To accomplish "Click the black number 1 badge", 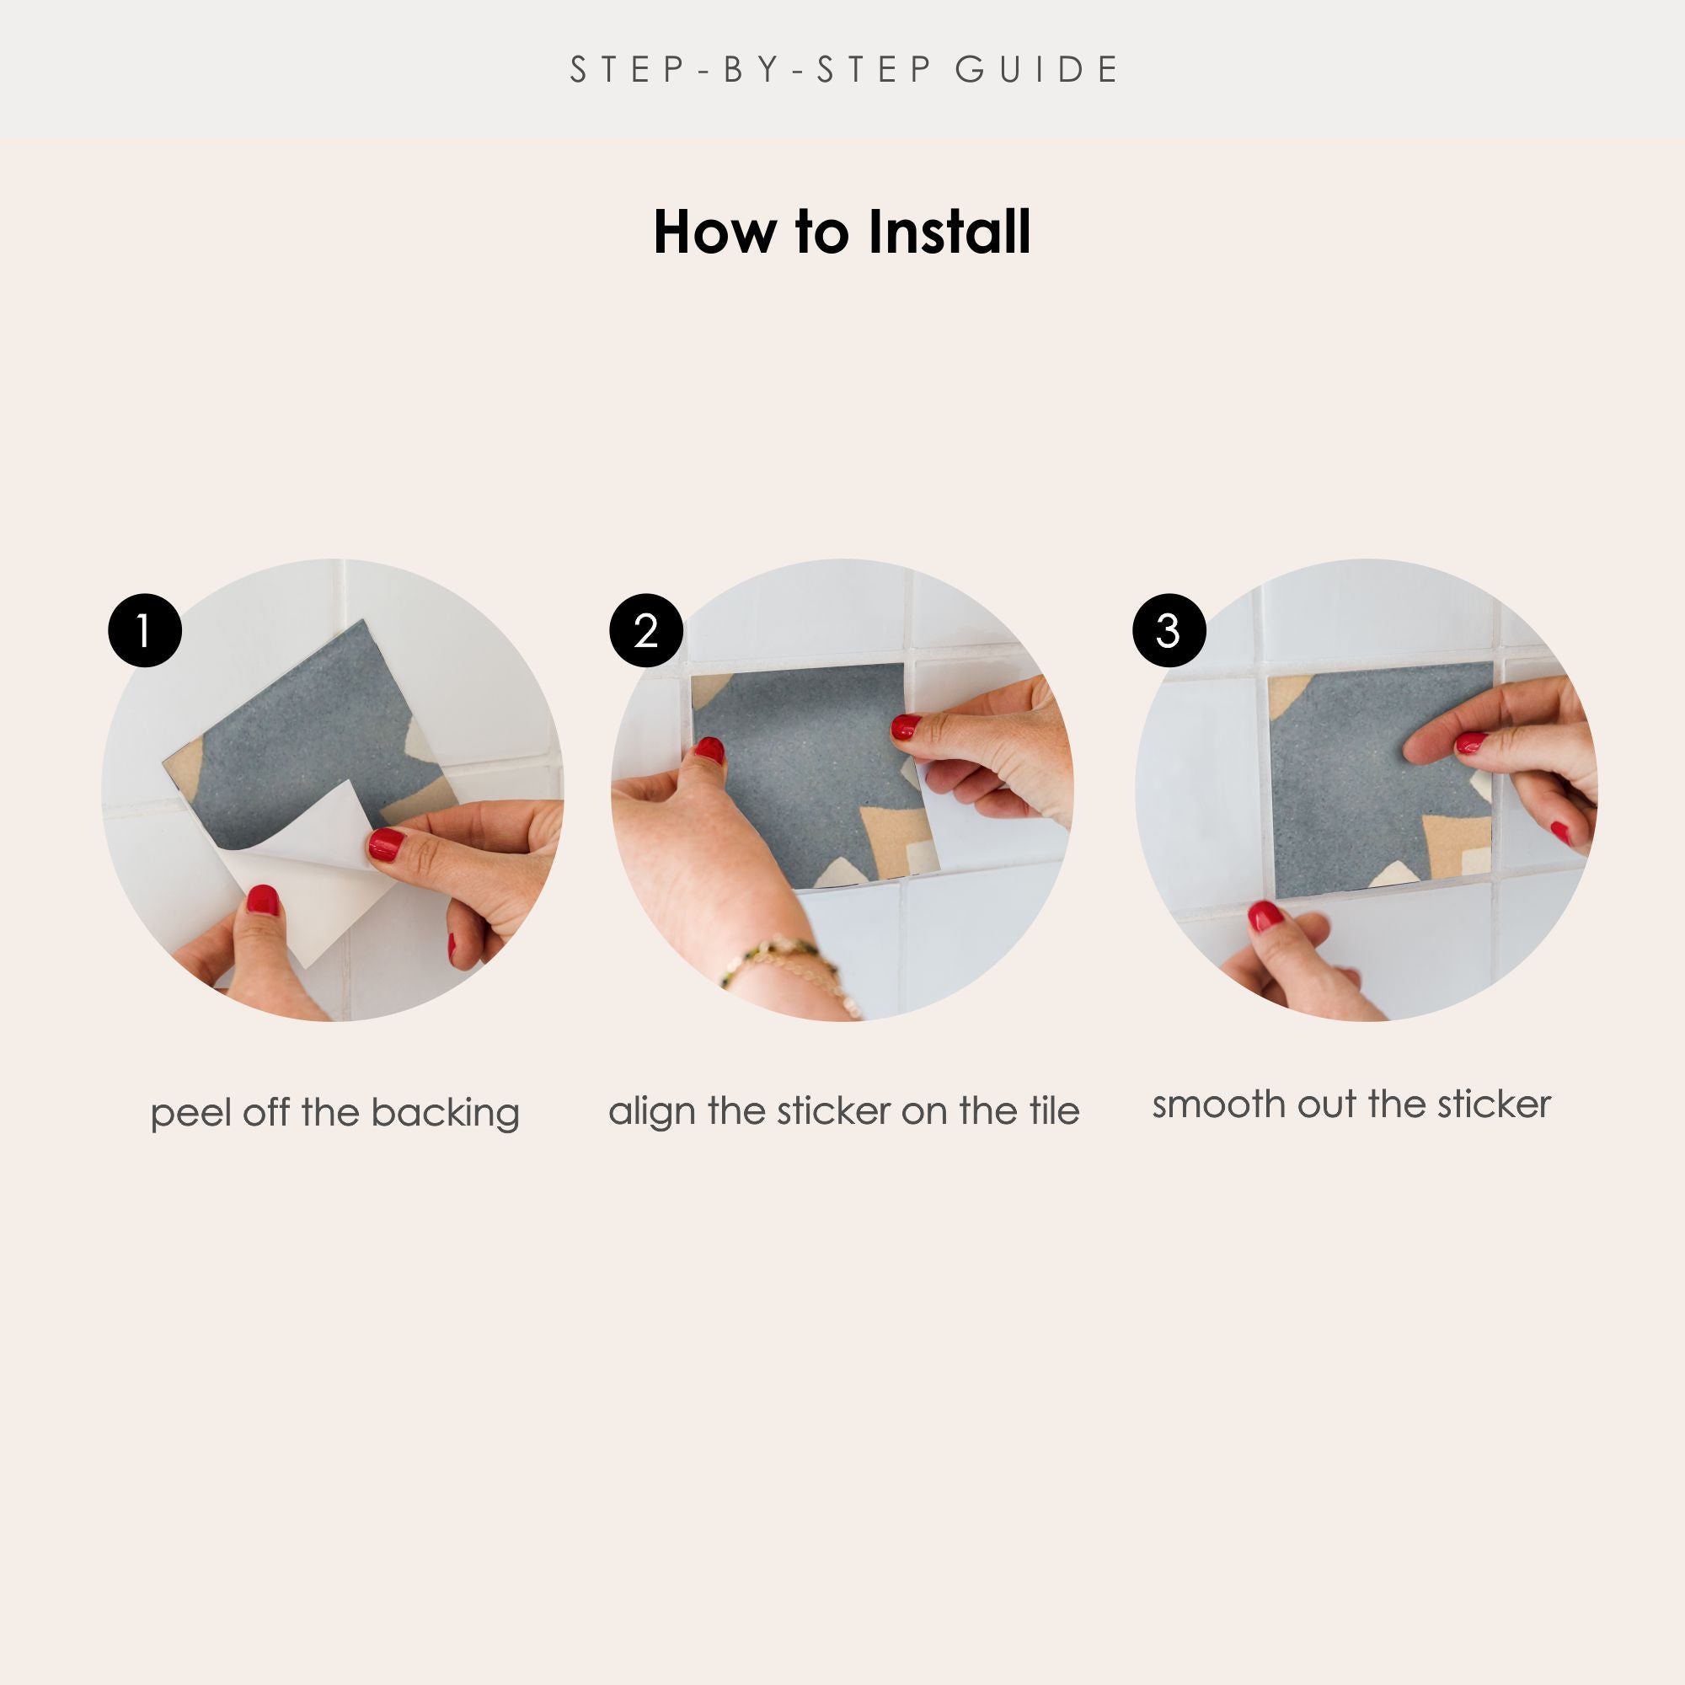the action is click(145, 630).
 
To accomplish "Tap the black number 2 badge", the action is click(645, 630).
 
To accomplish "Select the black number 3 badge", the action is click(1169, 630).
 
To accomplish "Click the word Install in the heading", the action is click(949, 232).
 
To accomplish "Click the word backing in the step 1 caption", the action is click(445, 1115).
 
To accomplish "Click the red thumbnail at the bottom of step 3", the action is click(1265, 915).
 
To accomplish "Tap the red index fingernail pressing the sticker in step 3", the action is click(1471, 742).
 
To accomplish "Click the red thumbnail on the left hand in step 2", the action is click(710, 749).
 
